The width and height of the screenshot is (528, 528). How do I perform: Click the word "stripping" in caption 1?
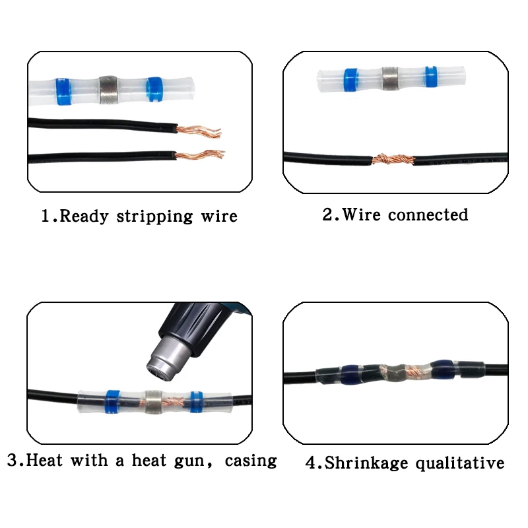click(x=154, y=216)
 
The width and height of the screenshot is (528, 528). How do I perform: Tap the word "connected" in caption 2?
click(x=428, y=215)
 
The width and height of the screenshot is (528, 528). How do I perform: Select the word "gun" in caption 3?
click(x=191, y=461)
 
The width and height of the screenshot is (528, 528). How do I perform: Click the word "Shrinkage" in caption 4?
click(x=366, y=463)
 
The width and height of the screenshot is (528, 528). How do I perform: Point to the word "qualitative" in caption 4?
click(x=460, y=463)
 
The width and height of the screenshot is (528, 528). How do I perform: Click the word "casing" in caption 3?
click(x=251, y=461)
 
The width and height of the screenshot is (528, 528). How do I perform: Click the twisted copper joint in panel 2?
click(x=393, y=159)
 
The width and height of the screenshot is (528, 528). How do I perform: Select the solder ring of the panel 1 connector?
click(x=108, y=90)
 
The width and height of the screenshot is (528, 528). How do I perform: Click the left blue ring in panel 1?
click(x=63, y=92)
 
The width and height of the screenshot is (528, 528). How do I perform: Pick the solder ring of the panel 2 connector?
click(x=390, y=79)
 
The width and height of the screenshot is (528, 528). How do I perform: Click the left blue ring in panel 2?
click(x=351, y=80)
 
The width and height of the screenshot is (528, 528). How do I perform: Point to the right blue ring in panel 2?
click(x=431, y=77)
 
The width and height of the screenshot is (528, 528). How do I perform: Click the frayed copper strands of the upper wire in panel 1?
click(x=199, y=131)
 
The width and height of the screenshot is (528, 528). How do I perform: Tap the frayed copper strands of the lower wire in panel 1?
click(x=200, y=155)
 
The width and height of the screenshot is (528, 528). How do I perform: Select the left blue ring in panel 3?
click(x=113, y=402)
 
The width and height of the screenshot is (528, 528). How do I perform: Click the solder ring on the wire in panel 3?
click(x=154, y=402)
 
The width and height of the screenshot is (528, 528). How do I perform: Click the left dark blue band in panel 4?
click(x=350, y=374)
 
